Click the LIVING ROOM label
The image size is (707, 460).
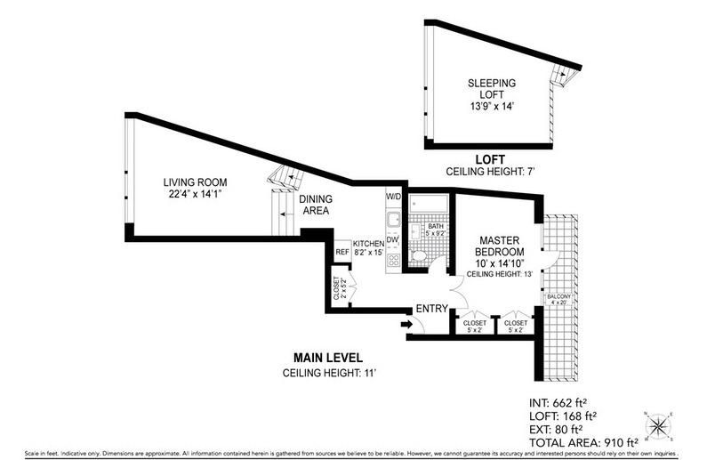tap(189, 191)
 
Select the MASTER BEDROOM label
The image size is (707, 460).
tap(499, 246)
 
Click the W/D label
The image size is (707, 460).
tap(393, 196)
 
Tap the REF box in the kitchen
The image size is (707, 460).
tap(341, 252)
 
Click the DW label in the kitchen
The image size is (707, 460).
tap(392, 239)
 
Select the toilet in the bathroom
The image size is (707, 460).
tap(421, 259)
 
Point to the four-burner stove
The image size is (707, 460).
tap(393, 261)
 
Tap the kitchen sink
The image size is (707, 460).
tap(393, 220)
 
